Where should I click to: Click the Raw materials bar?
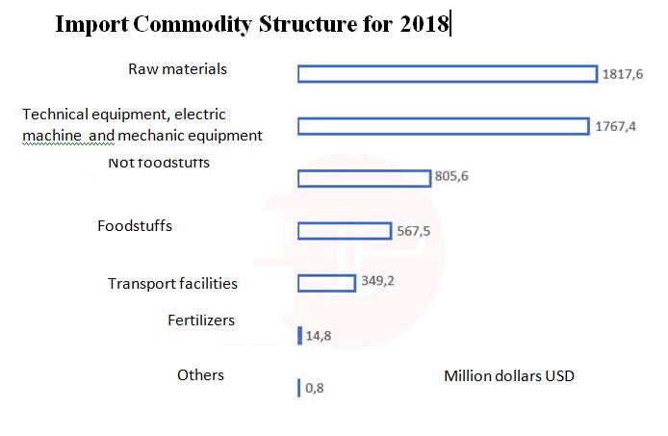pyautogui.click(x=447, y=74)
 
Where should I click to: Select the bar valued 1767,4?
pyautogui.click(x=443, y=126)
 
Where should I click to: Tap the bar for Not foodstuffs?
pyautogui.click(x=364, y=178)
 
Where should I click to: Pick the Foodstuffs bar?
pyautogui.click(x=344, y=231)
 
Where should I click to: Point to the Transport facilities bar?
pyautogui.click(x=327, y=283)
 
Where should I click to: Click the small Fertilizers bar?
pyautogui.click(x=300, y=336)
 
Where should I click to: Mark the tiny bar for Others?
pyautogui.click(x=299, y=388)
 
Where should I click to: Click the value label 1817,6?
pyautogui.click(x=621, y=73)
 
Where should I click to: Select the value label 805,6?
pyautogui.click(x=450, y=177)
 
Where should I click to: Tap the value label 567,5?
pyautogui.click(x=413, y=230)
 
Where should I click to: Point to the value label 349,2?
pyautogui.click(x=379, y=282)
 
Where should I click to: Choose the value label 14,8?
pyautogui.click(x=319, y=336)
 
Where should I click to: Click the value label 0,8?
pyautogui.click(x=315, y=389)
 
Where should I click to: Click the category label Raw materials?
pyautogui.click(x=177, y=68)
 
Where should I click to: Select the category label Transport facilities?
pyautogui.click(x=172, y=283)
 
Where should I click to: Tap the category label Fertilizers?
pyautogui.click(x=201, y=320)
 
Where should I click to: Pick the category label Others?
pyautogui.click(x=200, y=374)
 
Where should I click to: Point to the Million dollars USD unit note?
pyautogui.click(x=508, y=375)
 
